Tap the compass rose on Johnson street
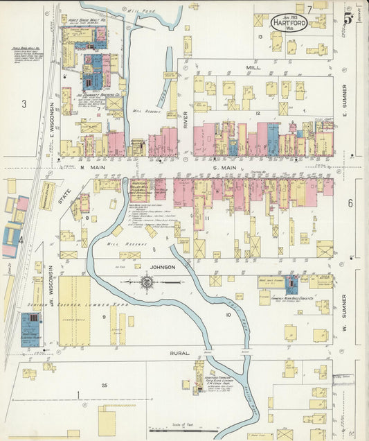point(147,282)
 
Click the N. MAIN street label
point(92,166)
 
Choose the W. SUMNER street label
point(344,309)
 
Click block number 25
point(104,385)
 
